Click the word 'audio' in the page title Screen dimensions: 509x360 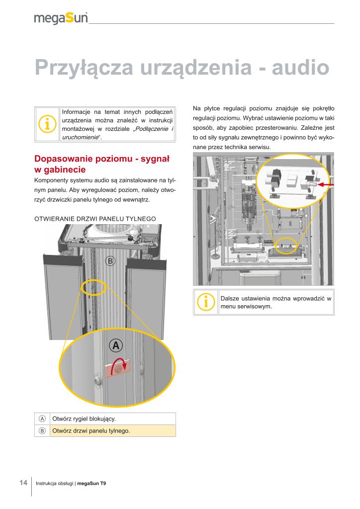(x=300, y=67)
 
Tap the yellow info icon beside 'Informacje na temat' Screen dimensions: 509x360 (x=47, y=124)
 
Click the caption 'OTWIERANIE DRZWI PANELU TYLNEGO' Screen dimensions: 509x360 (x=95, y=218)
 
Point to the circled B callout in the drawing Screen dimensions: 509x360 (x=111, y=260)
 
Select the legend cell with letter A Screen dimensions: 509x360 (x=42, y=419)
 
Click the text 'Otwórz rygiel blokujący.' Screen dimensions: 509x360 (x=84, y=419)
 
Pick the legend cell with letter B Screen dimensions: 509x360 (x=42, y=430)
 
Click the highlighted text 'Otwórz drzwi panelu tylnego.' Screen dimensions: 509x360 (x=91, y=430)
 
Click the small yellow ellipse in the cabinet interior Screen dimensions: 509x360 (x=285, y=245)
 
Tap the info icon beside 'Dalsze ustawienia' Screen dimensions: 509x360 (x=205, y=302)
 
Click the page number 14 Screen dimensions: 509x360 (x=23, y=483)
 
